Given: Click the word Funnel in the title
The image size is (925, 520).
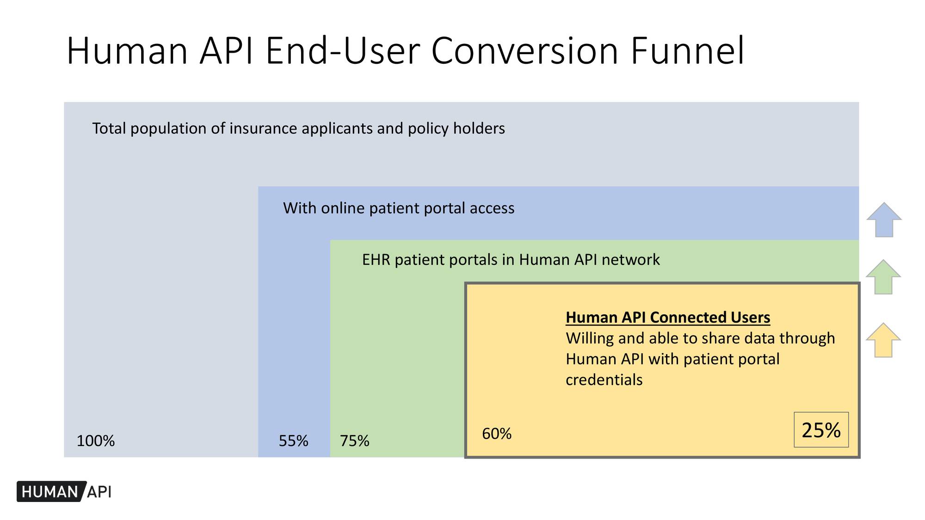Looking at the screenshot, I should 687,51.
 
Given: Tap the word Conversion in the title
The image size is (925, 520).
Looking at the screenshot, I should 525,51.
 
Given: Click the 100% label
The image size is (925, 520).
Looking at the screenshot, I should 95,441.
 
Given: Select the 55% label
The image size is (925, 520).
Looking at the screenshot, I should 293,441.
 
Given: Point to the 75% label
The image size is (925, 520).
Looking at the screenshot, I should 355,441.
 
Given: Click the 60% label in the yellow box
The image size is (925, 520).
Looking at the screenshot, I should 497,434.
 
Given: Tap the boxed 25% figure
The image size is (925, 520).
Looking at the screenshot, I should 821,430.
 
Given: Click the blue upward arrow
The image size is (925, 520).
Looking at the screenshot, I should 884,220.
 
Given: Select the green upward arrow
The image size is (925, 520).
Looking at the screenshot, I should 883,277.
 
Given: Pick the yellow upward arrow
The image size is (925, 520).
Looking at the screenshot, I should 883,341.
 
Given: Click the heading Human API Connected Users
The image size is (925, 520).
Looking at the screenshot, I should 668,318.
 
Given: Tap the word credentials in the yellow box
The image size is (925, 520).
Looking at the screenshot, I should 604,380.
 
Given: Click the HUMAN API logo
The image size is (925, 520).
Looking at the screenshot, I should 64,492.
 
